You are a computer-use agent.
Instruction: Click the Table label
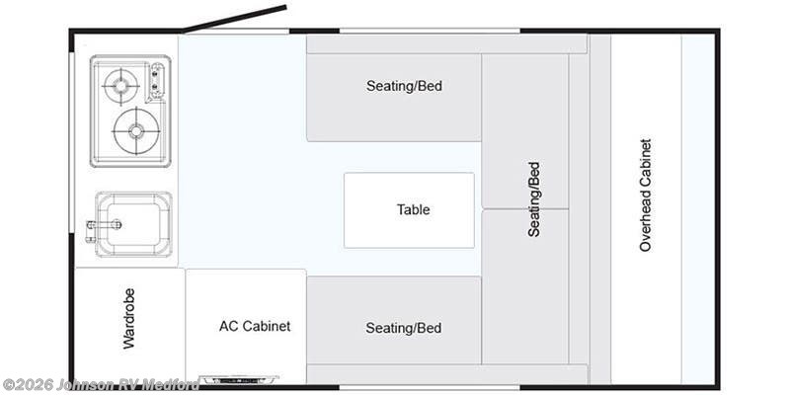point(413,209)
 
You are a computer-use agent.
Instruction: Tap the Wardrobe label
point(129,318)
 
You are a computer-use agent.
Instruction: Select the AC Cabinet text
point(255,326)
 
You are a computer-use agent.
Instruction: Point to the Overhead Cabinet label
point(646,195)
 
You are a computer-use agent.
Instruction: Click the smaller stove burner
point(120,86)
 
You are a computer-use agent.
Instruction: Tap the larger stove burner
point(136,131)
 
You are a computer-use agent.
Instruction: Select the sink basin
point(133,224)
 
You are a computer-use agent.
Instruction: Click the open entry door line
point(235,19)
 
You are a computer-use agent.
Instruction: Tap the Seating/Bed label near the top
point(404,86)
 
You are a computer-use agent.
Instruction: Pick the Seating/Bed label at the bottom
point(404,328)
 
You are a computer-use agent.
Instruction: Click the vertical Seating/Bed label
point(533,199)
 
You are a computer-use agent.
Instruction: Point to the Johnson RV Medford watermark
point(101,385)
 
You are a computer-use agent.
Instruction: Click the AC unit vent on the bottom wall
point(239,379)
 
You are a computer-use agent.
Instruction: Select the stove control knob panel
point(157,81)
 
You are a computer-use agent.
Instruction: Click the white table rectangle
point(409,210)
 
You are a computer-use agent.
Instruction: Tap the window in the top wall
point(430,31)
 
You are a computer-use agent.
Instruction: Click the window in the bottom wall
point(430,388)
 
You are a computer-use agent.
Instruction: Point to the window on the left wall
point(71,142)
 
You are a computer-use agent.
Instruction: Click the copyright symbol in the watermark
point(8,386)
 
